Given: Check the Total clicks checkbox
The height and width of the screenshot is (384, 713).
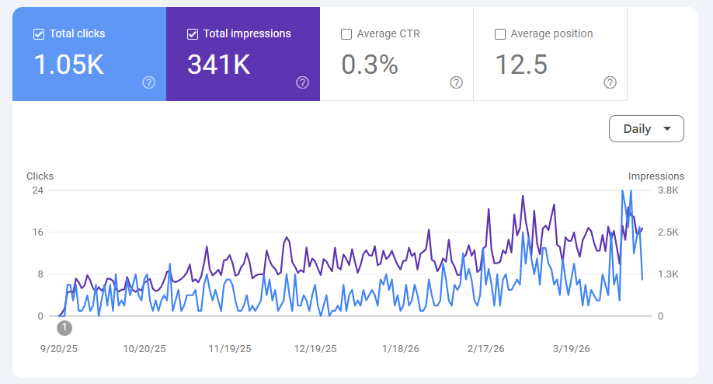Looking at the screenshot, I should [39, 34].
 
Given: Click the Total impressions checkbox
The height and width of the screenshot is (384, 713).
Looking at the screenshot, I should [193, 34].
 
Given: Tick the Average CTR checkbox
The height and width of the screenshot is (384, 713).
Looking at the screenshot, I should [346, 34].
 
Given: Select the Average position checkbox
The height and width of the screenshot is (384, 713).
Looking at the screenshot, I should [500, 34].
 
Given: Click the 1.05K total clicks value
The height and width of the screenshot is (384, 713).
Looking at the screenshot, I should [69, 65].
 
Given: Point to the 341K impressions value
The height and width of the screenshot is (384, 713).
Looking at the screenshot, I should [219, 65].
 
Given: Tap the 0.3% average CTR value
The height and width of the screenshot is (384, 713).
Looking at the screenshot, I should [370, 65].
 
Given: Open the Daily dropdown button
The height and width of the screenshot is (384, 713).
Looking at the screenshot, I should [646, 129].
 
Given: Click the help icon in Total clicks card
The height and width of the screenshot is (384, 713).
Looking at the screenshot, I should [149, 82].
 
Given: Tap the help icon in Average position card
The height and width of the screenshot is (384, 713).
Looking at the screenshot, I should [610, 82].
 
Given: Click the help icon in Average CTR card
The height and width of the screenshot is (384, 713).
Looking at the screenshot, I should [457, 82].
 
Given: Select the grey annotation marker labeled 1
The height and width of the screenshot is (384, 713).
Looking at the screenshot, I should [64, 328].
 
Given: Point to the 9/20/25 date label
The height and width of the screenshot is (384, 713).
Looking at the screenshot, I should [59, 348].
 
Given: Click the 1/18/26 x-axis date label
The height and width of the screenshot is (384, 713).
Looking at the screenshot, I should [401, 348].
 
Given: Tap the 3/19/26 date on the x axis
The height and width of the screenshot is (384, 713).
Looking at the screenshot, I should [572, 348].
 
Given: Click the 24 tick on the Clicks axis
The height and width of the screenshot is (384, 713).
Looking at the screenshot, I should [37, 190].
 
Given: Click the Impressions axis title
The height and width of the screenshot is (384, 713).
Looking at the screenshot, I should [656, 176].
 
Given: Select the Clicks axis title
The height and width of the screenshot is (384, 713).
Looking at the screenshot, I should [40, 176].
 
